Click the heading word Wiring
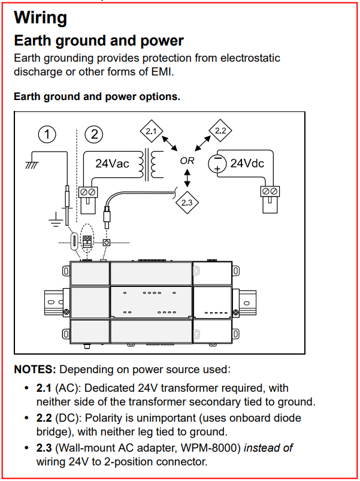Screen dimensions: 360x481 (x=41, y=18)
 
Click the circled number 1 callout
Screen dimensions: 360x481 (x=47, y=134)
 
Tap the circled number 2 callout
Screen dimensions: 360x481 (x=94, y=134)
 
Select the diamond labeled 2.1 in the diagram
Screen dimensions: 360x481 (x=151, y=131)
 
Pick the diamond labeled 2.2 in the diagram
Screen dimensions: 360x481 (x=220, y=131)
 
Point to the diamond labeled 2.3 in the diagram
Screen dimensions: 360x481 (x=187, y=202)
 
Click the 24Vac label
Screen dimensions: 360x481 (x=112, y=164)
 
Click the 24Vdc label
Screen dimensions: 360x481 (x=247, y=164)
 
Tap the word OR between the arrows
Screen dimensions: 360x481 (x=187, y=161)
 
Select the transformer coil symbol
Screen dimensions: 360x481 (x=151, y=164)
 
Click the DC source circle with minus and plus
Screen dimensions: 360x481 (x=217, y=164)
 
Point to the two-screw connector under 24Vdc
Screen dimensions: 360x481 (x=270, y=200)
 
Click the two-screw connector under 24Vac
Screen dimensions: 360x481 (x=88, y=200)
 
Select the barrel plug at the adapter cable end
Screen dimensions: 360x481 (x=107, y=216)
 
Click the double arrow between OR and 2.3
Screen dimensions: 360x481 (x=187, y=179)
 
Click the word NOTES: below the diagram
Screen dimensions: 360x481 (x=35, y=370)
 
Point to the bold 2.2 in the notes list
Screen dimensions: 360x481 (x=44, y=418)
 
